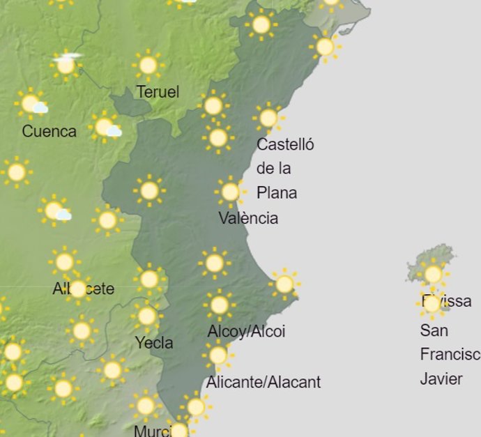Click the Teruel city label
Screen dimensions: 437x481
click(x=158, y=92)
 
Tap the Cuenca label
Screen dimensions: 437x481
click(x=49, y=131)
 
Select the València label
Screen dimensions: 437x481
click(x=248, y=218)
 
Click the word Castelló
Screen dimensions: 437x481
click(x=285, y=145)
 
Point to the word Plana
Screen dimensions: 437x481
click(x=277, y=192)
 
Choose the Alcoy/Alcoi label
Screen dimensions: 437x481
click(x=246, y=332)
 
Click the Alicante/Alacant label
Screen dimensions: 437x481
click(x=264, y=382)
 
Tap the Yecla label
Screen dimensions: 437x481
click(x=154, y=343)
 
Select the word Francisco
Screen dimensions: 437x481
click(x=450, y=355)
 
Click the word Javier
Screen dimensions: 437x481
click(x=441, y=379)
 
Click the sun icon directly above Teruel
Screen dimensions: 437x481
click(x=147, y=66)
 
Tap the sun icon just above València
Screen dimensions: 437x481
click(x=230, y=192)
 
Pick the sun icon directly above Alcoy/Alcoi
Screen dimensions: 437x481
click(x=219, y=305)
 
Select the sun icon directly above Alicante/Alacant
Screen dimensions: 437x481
click(x=218, y=355)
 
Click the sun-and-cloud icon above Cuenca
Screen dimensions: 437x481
click(x=31, y=105)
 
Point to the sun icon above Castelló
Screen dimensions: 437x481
click(x=268, y=118)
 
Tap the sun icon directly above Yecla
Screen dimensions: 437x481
click(x=146, y=316)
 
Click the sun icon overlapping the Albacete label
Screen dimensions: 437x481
click(x=77, y=288)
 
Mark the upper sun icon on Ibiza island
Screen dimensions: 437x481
click(x=432, y=274)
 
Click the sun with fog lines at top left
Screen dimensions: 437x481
click(x=66, y=65)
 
